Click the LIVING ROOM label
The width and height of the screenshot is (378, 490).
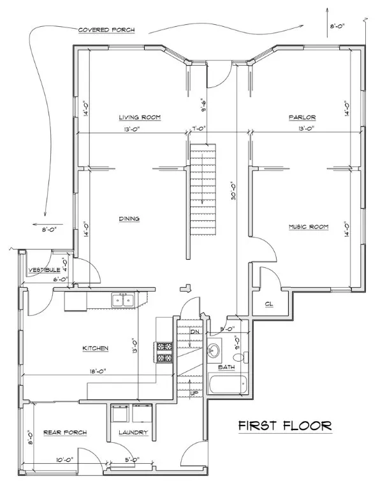pyautogui.click(x=140, y=117)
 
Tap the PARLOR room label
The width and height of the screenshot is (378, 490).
pyautogui.click(x=302, y=117)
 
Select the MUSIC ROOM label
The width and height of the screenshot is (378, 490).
pyautogui.click(x=309, y=227)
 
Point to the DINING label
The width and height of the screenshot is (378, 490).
pyautogui.click(x=129, y=219)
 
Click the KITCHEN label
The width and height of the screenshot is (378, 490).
pyautogui.click(x=96, y=348)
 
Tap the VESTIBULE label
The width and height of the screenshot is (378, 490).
pyautogui.click(x=45, y=270)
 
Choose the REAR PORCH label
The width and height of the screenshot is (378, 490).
pyautogui.click(x=65, y=433)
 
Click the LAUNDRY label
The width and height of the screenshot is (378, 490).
pyautogui.click(x=133, y=433)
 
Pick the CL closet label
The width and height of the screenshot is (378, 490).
pyautogui.click(x=269, y=304)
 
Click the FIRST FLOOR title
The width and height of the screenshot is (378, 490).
pyautogui.click(x=285, y=426)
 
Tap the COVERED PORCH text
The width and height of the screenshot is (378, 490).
pyautogui.click(x=106, y=30)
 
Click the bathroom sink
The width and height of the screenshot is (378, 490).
pyautogui.click(x=214, y=350)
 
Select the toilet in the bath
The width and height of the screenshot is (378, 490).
pyautogui.click(x=241, y=357)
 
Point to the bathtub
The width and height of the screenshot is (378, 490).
pyautogui.click(x=228, y=383)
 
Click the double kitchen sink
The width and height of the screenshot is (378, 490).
pyautogui.click(x=123, y=300)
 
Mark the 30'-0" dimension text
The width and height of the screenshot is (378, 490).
pyautogui.click(x=233, y=191)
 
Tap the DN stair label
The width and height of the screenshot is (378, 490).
pyautogui.click(x=195, y=332)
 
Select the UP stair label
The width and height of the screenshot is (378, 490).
pyautogui.click(x=194, y=393)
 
